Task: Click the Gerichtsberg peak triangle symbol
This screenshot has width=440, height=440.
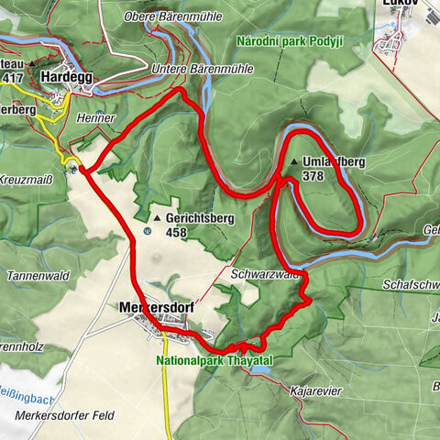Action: [x=157, y=219]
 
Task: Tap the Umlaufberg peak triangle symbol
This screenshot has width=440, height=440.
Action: [x=293, y=162]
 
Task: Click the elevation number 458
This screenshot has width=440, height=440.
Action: [x=179, y=233]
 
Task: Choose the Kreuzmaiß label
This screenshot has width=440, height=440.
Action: [x=27, y=178]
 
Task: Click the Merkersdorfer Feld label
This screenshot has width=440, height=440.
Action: [x=65, y=415]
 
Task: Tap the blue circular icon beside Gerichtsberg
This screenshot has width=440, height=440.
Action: [x=147, y=231]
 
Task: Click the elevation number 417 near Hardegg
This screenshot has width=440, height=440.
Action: [x=12, y=79]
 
